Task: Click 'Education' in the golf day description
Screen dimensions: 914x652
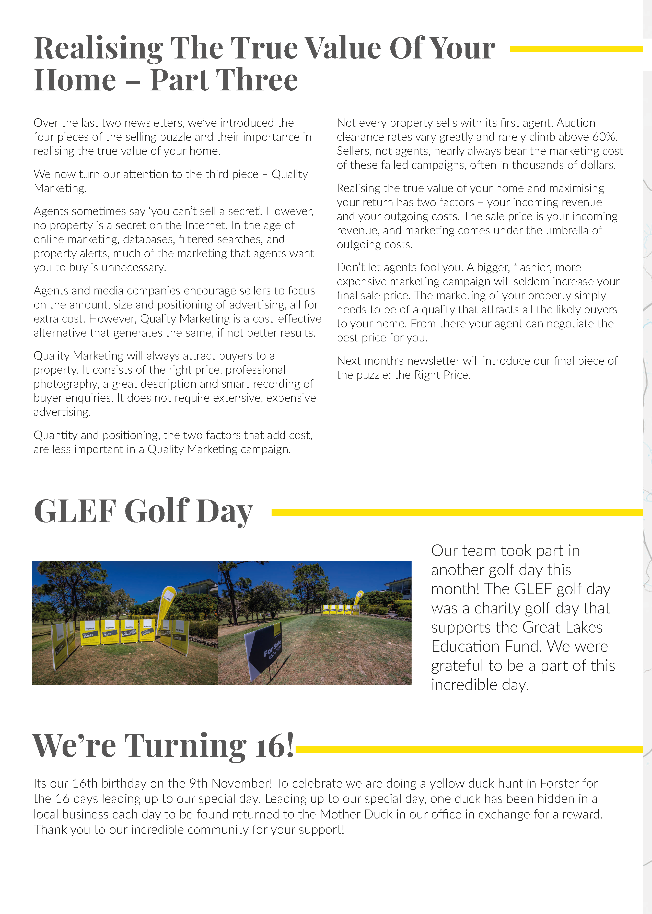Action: [465, 646]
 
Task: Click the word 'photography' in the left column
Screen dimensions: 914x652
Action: [66, 384]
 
